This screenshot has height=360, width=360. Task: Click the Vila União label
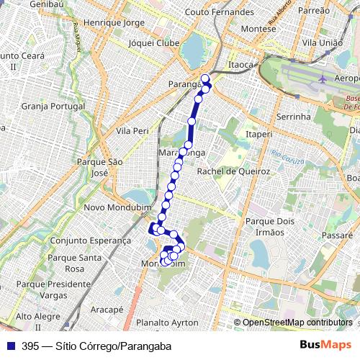[321, 43]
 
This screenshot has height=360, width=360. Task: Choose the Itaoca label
[240, 65]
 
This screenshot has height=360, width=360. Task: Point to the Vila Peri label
[132, 132]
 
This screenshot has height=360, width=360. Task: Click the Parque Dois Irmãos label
[266, 227]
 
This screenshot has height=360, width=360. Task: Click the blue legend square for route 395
[9, 346]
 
